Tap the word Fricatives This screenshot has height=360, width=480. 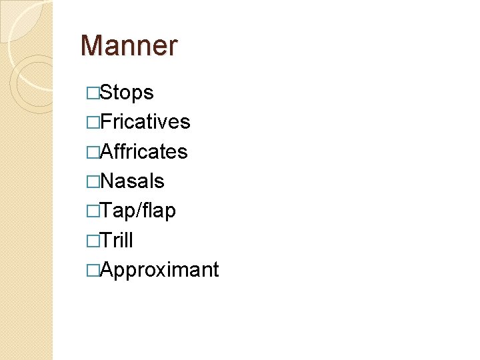point(145,122)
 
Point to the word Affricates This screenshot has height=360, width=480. point(143,151)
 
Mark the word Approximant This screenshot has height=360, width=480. point(159,270)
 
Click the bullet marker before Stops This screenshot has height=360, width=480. point(93,93)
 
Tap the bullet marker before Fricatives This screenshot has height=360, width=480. point(93,123)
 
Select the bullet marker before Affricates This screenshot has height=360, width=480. point(93,152)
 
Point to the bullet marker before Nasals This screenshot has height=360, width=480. point(93,181)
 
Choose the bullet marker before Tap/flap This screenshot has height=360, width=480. point(93,211)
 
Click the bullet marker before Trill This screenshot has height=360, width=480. point(93,241)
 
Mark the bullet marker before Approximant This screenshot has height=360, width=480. point(93,270)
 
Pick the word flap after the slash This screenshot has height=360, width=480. point(158,211)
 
